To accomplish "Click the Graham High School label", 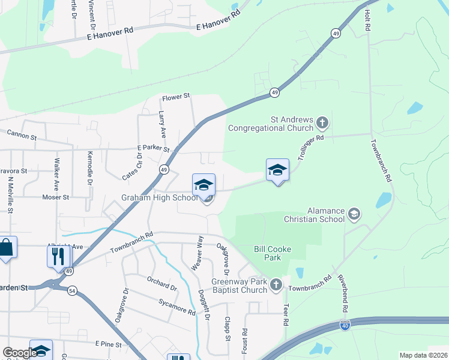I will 160,198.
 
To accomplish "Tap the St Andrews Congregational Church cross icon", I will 322,124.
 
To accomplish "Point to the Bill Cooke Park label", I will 267,253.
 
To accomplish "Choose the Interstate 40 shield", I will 345,325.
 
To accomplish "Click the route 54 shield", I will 72,290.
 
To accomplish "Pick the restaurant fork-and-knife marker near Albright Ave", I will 59,256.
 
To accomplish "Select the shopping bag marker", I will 6,248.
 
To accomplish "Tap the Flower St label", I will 175,95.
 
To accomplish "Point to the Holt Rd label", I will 367,22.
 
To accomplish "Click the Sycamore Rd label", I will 177,307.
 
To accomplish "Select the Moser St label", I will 56,197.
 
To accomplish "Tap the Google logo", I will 19,353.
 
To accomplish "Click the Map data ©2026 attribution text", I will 423,355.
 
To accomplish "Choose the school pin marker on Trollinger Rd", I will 277,170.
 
